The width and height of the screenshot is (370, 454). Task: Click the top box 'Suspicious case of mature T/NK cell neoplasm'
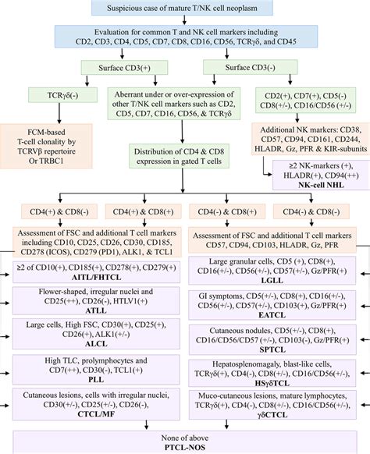(x=183, y=9)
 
